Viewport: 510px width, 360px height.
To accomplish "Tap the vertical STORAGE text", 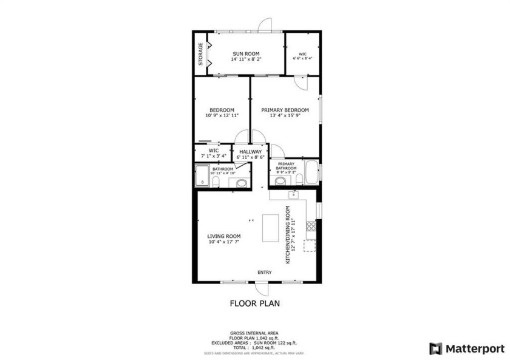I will pyautogui.click(x=200, y=53).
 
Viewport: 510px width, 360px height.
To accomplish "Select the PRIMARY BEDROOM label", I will pyautogui.click(x=285, y=110).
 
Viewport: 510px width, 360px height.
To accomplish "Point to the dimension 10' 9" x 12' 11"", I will pyautogui.click(x=222, y=115).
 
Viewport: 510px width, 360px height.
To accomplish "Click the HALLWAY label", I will pyautogui.click(x=250, y=152).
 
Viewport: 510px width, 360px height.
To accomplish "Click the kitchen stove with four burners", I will pyautogui.click(x=311, y=226).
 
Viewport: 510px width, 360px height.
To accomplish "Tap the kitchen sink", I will pyautogui.click(x=293, y=194).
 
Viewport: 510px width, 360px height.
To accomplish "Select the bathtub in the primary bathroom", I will pyautogui.click(x=311, y=172).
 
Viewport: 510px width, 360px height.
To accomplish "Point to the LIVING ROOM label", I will pyautogui.click(x=224, y=236).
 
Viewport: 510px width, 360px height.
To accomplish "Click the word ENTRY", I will pyautogui.click(x=265, y=273).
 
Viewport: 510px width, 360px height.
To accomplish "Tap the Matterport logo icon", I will pyautogui.click(x=435, y=348).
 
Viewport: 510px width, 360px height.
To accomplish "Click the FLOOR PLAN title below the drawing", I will pyautogui.click(x=254, y=304).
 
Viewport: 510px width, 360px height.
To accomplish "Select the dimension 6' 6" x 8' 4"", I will pyautogui.click(x=302, y=59).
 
